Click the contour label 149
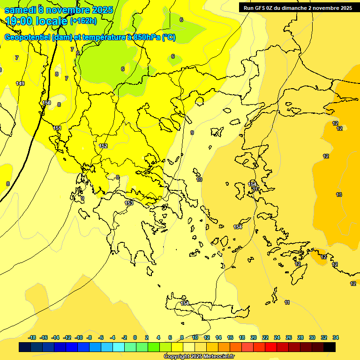20,83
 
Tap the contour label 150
46,103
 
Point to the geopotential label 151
57,128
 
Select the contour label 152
103,146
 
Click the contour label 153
129,203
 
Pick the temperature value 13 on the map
339,195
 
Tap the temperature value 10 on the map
199,180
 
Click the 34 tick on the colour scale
336,337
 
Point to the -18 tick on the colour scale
32,337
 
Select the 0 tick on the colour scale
135,337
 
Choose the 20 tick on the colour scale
254,337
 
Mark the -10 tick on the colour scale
79,337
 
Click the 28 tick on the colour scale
300,337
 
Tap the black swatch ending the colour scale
330,347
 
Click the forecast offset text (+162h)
83,21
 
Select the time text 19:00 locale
36,20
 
